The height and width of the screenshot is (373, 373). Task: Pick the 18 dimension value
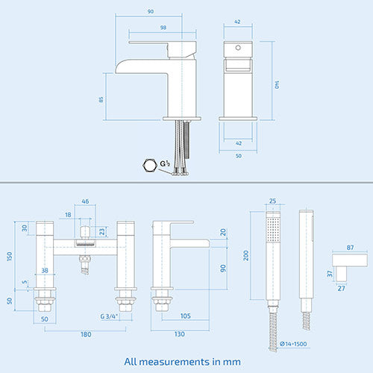68,214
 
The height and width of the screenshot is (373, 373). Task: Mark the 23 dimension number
101,231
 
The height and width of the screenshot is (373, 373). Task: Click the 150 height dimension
9,256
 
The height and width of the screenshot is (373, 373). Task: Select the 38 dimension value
45,271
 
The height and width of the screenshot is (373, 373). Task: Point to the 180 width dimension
87,334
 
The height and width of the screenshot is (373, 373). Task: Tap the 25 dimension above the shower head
273,201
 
